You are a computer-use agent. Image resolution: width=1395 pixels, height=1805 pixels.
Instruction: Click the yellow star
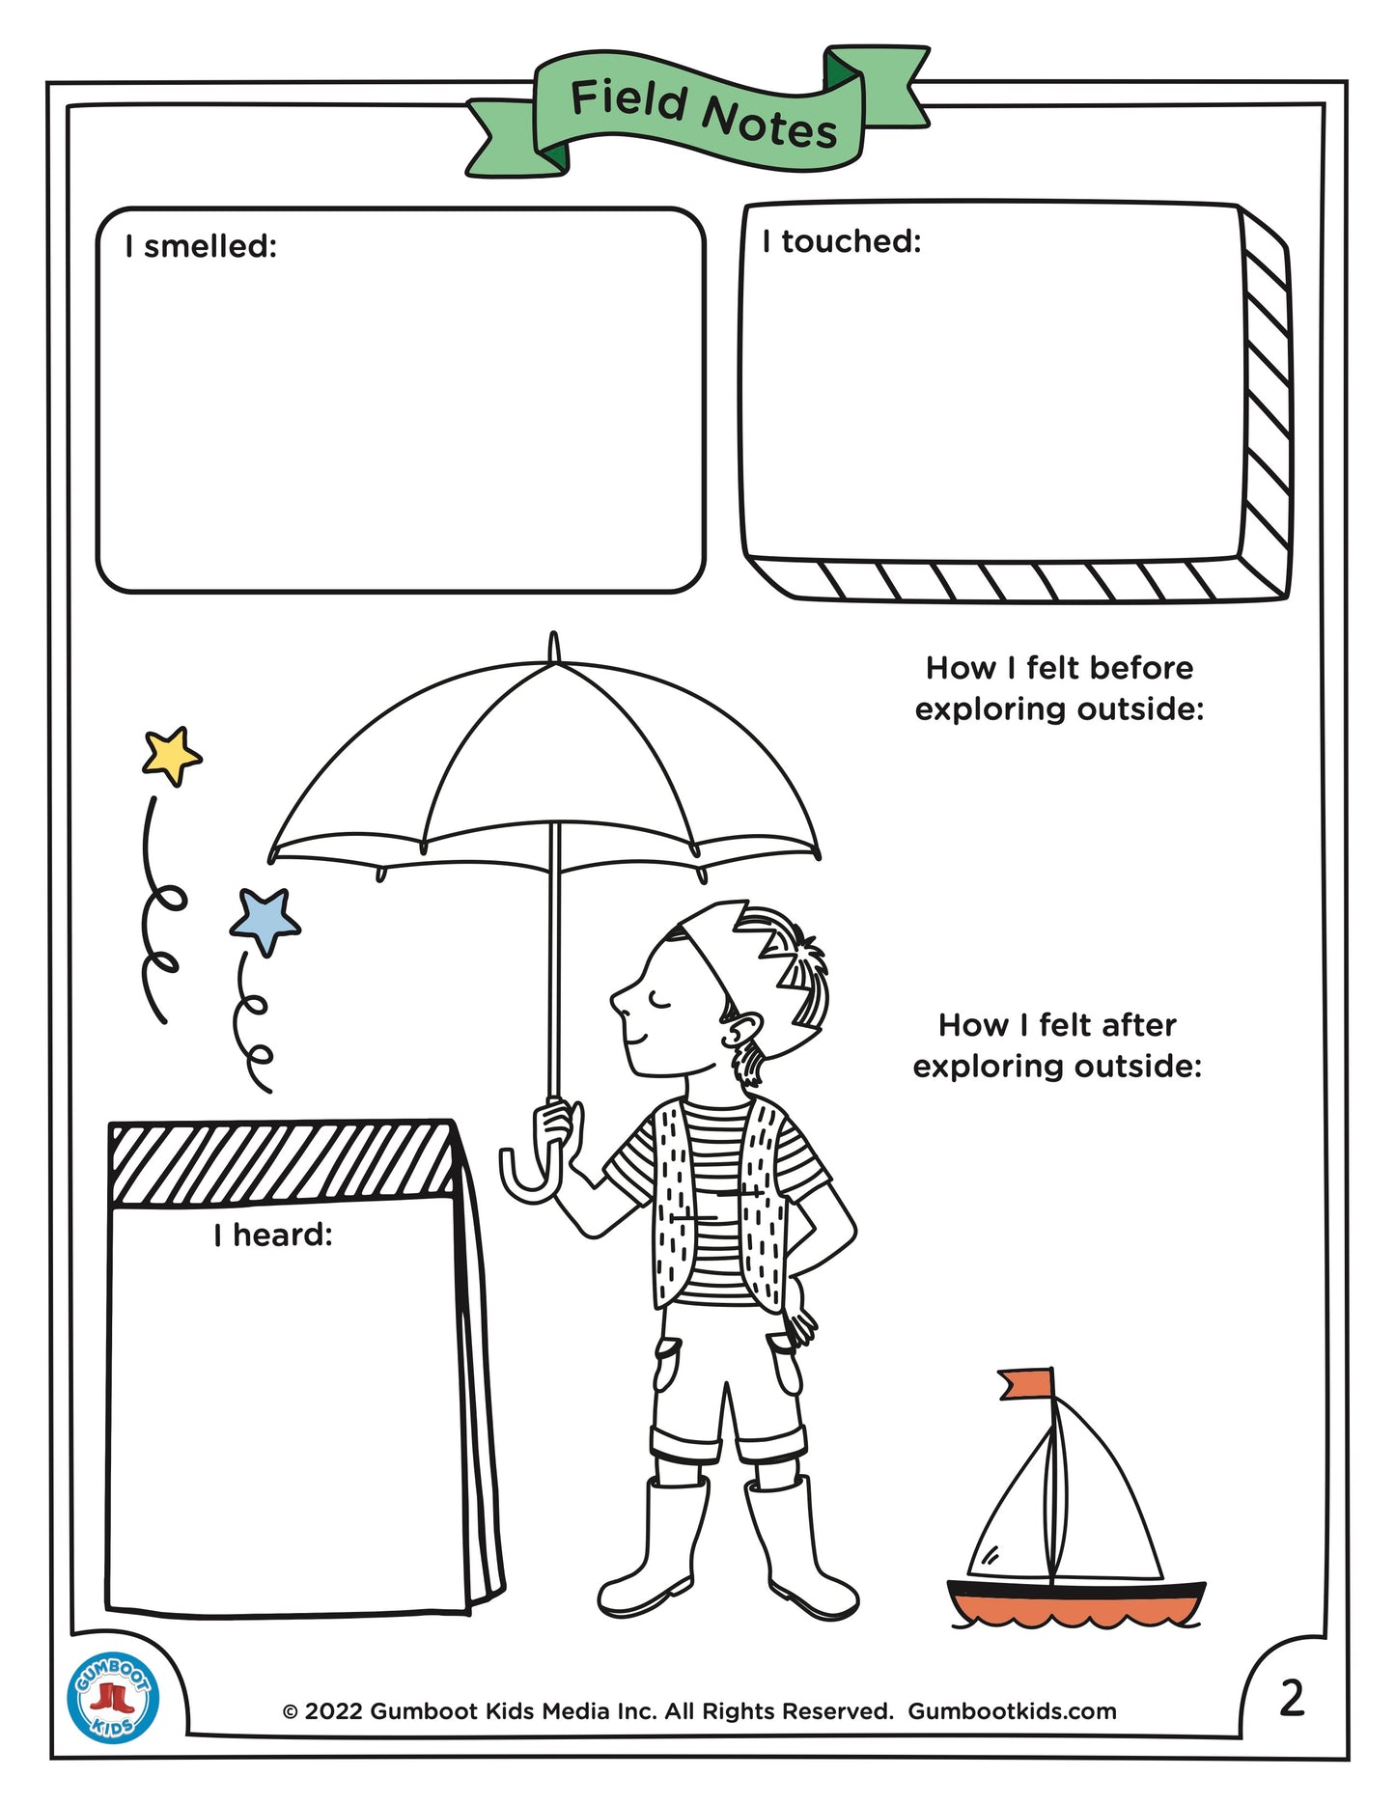(172, 756)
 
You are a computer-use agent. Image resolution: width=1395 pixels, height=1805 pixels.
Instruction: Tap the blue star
(265, 921)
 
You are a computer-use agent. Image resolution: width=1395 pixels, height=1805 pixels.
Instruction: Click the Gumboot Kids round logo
(113, 1698)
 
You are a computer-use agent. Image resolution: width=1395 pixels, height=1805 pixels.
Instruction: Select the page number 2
(1292, 1698)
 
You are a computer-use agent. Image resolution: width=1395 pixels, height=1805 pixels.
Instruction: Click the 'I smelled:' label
(201, 246)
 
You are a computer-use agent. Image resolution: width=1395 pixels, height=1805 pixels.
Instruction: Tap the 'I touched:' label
(842, 241)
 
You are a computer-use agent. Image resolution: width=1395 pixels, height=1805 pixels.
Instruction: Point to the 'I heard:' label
(273, 1235)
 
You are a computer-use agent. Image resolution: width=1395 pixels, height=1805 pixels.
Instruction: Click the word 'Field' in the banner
(629, 100)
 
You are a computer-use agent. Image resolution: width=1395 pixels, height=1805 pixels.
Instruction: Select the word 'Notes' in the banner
(769, 124)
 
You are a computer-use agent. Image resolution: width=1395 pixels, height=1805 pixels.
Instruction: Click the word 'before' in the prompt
(1146, 668)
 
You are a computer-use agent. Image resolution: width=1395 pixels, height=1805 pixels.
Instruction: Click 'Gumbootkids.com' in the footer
(1012, 1711)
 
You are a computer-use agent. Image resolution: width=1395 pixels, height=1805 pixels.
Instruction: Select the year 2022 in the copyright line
(334, 1711)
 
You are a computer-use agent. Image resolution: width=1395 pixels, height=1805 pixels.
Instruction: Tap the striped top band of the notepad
(282, 1163)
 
